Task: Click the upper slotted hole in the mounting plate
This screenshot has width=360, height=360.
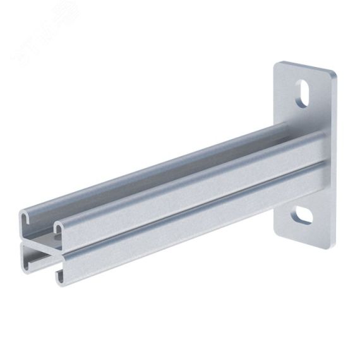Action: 304,93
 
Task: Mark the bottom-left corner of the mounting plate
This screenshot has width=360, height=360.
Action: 277,229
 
